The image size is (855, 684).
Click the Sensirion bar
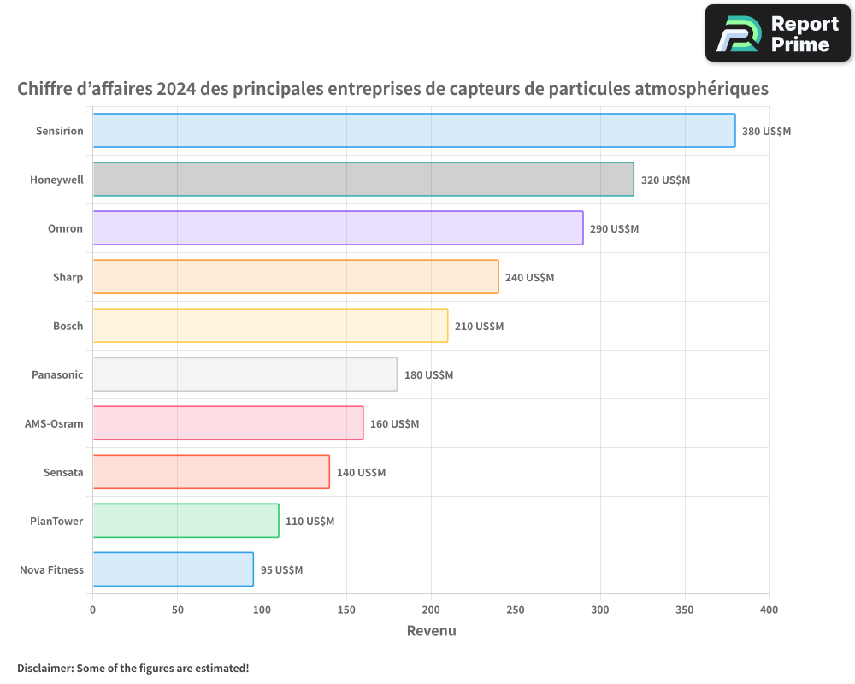pyautogui.click(x=414, y=131)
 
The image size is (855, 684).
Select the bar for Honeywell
pyautogui.click(x=363, y=180)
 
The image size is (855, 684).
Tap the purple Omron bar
pyautogui.click(x=338, y=228)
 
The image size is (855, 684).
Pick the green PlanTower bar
pyautogui.click(x=186, y=521)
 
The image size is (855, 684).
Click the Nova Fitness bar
pyautogui.click(x=173, y=569)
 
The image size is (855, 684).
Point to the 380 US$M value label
pyautogui.click(x=766, y=132)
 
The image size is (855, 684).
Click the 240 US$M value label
pyautogui.click(x=529, y=278)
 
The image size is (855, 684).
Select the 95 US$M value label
pyautogui.click(x=281, y=570)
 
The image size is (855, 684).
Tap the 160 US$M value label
pyautogui.click(x=394, y=424)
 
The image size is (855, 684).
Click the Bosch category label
pyautogui.click(x=68, y=326)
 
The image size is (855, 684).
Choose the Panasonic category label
pyautogui.click(x=57, y=374)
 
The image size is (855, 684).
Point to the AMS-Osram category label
pyautogui.click(x=54, y=423)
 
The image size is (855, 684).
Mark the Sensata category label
pyautogui.click(x=63, y=472)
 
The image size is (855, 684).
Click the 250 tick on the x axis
pyautogui.click(x=516, y=610)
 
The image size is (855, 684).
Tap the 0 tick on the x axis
pyautogui.click(x=92, y=610)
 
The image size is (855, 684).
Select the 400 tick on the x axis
pyautogui.click(x=769, y=610)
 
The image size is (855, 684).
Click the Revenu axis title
pyautogui.click(x=431, y=631)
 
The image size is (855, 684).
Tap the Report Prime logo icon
pyautogui.click(x=737, y=34)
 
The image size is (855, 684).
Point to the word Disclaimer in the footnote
pyautogui.click(x=44, y=668)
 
